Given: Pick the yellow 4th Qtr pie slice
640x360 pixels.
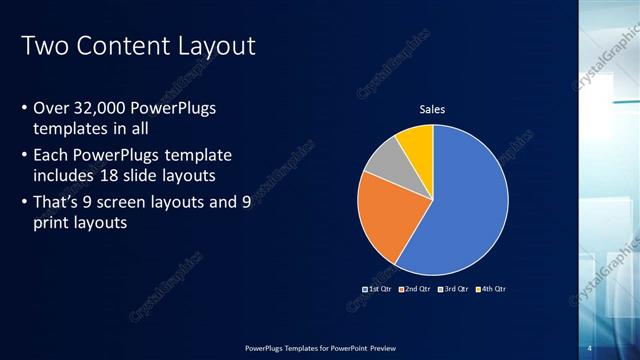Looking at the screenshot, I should point(416,142).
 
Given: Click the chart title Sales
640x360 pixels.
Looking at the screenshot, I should point(432,109).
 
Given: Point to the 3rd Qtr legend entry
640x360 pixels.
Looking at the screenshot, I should point(454,289).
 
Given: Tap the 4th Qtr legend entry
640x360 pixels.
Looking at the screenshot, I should point(491,289).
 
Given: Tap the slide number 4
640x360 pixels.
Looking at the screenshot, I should point(591,347).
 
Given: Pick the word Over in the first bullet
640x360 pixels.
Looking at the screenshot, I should point(50,108).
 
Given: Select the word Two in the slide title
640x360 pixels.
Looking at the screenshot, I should point(42,46).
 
